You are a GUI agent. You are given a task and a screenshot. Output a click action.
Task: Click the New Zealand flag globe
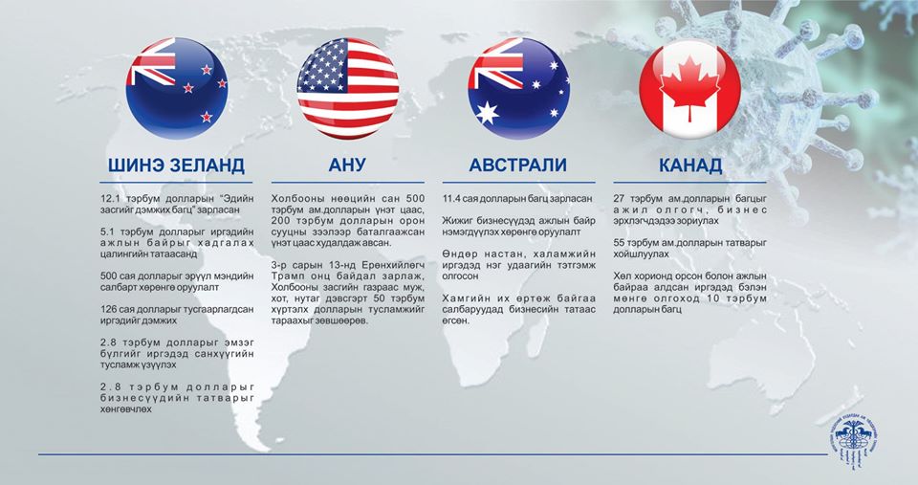click(177, 88)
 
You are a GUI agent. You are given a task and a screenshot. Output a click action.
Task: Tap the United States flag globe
click(348, 88)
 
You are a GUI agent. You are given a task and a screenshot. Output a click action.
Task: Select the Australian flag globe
click(518, 88)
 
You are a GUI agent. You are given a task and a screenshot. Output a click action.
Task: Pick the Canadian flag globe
click(689, 88)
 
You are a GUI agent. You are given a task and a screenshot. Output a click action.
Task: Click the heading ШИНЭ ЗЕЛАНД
click(176, 165)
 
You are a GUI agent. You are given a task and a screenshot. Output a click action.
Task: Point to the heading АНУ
click(347, 165)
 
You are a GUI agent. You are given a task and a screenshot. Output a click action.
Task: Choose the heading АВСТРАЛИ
click(518, 165)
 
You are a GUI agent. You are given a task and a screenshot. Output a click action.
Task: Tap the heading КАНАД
click(690, 165)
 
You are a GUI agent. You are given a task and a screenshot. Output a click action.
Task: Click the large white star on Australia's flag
click(487, 113)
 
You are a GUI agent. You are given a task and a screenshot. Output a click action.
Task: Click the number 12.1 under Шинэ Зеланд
click(109, 199)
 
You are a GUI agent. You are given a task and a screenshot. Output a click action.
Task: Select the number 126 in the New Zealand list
click(108, 309)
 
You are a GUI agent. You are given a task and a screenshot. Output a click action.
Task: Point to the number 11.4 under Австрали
click(451, 199)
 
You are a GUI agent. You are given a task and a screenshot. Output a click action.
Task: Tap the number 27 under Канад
click(619, 199)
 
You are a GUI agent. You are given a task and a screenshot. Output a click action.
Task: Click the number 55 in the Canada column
click(619, 243)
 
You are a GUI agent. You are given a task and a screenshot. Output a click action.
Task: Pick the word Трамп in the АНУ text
click(286, 276)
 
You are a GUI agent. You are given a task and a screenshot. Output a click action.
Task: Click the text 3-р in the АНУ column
click(278, 265)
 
